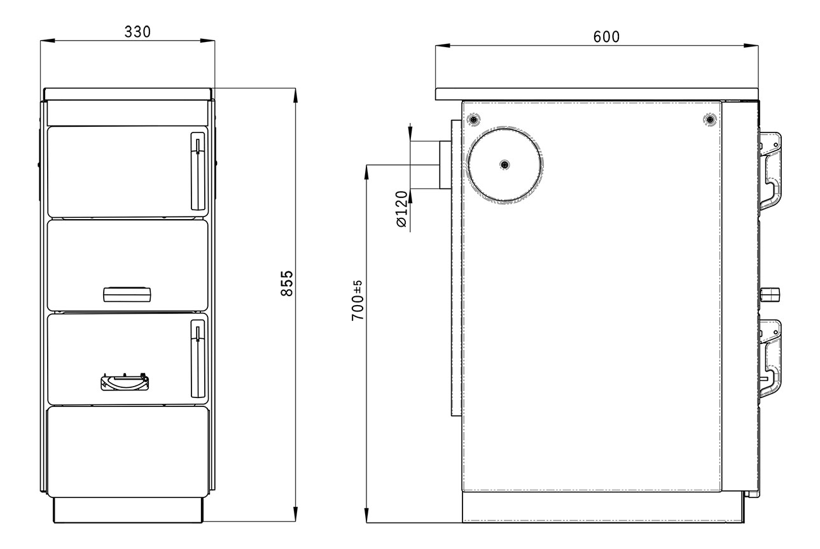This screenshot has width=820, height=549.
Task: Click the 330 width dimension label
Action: (x=137, y=32)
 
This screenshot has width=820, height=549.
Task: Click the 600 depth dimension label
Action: (x=607, y=37)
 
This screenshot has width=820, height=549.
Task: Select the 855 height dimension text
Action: (x=287, y=283)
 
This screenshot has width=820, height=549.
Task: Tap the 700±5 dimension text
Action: (x=358, y=301)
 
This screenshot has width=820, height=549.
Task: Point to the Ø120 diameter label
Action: (x=402, y=209)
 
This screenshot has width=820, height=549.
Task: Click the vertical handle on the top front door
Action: (x=198, y=171)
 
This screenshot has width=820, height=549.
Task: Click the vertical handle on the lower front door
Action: (x=198, y=359)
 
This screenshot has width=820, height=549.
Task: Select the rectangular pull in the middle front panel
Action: (x=127, y=295)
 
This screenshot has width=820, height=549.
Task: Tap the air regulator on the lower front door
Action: (x=125, y=382)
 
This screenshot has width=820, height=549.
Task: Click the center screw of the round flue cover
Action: (x=505, y=164)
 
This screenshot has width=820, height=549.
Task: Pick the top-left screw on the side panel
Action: (x=474, y=120)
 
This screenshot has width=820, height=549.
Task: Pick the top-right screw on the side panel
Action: (x=710, y=120)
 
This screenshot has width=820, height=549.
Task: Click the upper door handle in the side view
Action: (x=770, y=171)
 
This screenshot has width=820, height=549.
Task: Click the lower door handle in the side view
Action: (x=770, y=359)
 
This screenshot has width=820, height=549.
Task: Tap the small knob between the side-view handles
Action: (x=770, y=294)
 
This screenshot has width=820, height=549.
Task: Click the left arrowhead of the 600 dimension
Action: (x=443, y=46)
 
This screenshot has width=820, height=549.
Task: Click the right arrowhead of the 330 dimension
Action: (x=207, y=40)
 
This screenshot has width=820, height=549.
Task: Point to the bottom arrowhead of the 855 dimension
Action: (x=295, y=514)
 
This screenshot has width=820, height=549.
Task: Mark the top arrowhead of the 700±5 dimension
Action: (x=366, y=173)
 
